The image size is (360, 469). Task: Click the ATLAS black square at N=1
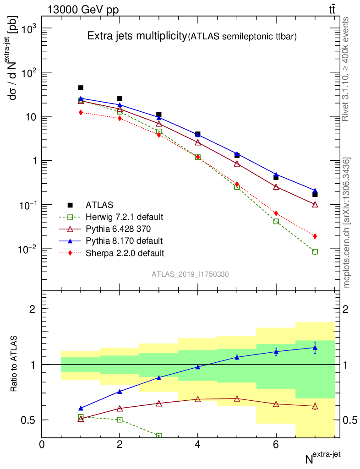[x=81, y=88]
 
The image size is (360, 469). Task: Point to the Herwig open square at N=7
[x=315, y=251]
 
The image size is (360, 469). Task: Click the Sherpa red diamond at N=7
[x=315, y=236]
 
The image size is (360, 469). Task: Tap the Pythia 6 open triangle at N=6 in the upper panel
[x=276, y=187]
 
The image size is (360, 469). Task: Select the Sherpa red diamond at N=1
[x=81, y=112]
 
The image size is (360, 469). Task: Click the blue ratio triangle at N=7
[x=315, y=348]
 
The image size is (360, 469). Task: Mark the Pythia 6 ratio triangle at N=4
[x=198, y=399]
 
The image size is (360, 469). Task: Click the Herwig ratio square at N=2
[x=120, y=420]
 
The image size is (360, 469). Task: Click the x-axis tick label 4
[x=198, y=444]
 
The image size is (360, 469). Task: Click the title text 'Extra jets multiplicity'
[x=137, y=37]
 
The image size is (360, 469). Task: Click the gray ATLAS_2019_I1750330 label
[x=191, y=274]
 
